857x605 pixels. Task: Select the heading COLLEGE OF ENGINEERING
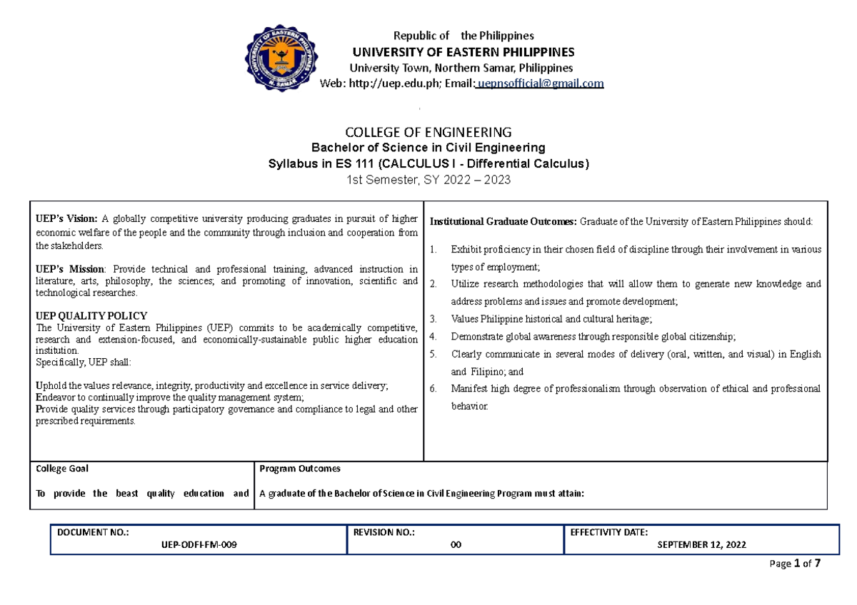[428, 132]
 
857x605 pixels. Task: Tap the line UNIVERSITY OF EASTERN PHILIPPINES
[460, 52]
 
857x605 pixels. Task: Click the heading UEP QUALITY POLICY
[91, 315]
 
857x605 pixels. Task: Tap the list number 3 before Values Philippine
[433, 319]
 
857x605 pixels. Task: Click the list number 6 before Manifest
[433, 389]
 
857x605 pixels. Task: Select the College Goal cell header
[62, 469]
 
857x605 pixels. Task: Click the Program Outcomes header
[300, 469]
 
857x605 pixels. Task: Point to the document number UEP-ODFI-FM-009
[198, 544]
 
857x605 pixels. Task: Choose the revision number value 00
[455, 544]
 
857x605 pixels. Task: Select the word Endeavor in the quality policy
[56, 397]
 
